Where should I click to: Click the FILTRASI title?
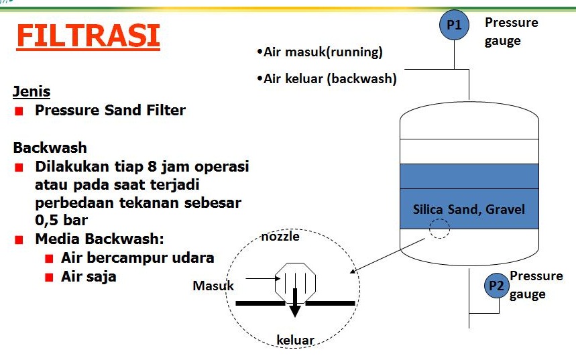[x=88, y=36]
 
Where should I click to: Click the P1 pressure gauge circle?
[x=454, y=25]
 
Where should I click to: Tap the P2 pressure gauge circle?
[x=497, y=286]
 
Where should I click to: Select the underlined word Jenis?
[x=32, y=92]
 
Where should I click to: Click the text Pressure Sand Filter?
[x=110, y=110]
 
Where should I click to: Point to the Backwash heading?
[x=50, y=147]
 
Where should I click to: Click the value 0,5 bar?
[x=61, y=221]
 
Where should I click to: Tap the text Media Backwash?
[x=99, y=239]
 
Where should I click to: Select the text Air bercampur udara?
[x=137, y=257]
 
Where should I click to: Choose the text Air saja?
[x=89, y=277]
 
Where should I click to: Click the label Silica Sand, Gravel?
[x=469, y=209]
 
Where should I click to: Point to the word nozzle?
[x=280, y=237]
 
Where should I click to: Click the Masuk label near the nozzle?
[x=213, y=286]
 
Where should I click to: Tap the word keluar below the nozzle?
[x=295, y=340]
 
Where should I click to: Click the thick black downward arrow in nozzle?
[x=294, y=303]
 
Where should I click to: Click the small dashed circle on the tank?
[x=439, y=229]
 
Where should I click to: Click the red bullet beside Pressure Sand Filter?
[x=19, y=111]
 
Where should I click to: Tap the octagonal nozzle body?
[x=295, y=283]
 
